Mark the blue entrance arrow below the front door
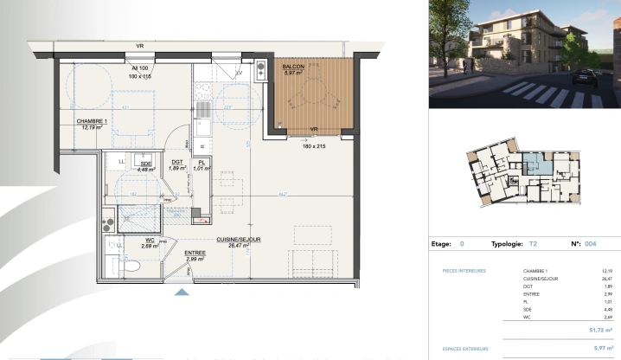[182, 292]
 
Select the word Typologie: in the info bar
[509, 245]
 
